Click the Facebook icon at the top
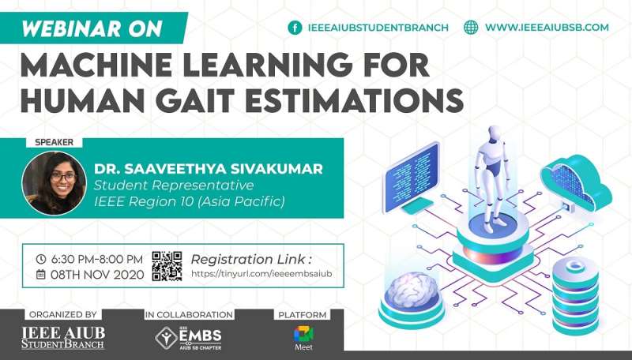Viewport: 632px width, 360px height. tap(295, 28)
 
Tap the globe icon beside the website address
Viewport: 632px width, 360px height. tap(472, 28)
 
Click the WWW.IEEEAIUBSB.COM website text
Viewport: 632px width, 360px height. tap(546, 28)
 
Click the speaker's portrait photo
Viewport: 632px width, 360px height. tap(54, 183)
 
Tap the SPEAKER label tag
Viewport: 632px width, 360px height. tap(55, 143)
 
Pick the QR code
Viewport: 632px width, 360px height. tap(167, 266)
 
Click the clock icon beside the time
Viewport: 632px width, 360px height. tap(41, 259)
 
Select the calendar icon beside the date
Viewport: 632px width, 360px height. tap(41, 275)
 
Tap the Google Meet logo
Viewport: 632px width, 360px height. tap(303, 334)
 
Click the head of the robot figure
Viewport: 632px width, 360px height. tap(495, 133)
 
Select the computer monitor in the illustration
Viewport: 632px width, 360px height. tap(411, 174)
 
